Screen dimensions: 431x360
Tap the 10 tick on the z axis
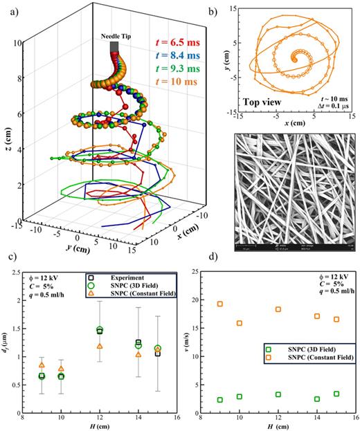tap(26, 43)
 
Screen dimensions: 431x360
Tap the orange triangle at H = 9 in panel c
tap(42, 365)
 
